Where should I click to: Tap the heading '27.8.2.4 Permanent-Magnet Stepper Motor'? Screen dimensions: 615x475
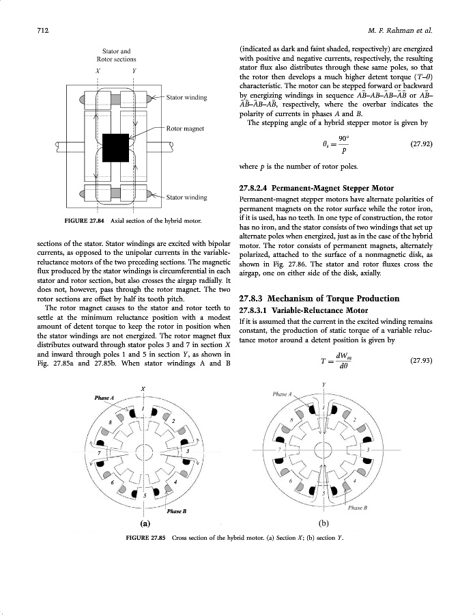coord(317,187)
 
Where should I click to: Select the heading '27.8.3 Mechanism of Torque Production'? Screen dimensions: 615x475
coord(330,298)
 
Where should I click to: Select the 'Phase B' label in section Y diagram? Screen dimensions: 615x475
coord(358,508)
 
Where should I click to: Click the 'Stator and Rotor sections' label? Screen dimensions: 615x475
coord(116,55)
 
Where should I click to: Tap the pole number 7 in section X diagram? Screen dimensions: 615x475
coord(100,452)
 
